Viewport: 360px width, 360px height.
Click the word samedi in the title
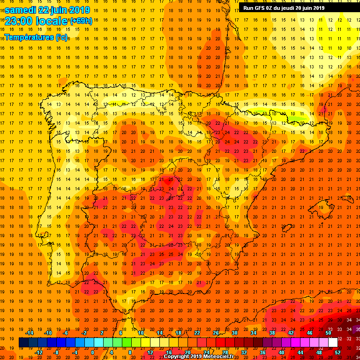tap(23, 10)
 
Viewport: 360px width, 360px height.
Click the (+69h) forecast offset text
tap(81, 21)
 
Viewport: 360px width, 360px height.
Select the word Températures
tap(29, 37)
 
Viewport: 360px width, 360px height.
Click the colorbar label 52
tap(337, 352)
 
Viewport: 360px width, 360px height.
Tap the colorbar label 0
tap(92, 352)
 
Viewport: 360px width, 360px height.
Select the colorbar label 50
tap(328, 333)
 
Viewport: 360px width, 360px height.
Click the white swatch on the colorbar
tap(333, 342)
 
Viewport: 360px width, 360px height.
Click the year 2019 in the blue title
tap(81, 10)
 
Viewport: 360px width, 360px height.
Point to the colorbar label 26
tap(216, 333)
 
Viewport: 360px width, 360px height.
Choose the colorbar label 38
tap(272, 333)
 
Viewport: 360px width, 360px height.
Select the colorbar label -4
tap(75, 352)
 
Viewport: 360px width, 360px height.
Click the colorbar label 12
tap(150, 352)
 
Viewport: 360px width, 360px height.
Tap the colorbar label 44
tap(300, 352)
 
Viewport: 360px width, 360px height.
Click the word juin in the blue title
tap(60, 10)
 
